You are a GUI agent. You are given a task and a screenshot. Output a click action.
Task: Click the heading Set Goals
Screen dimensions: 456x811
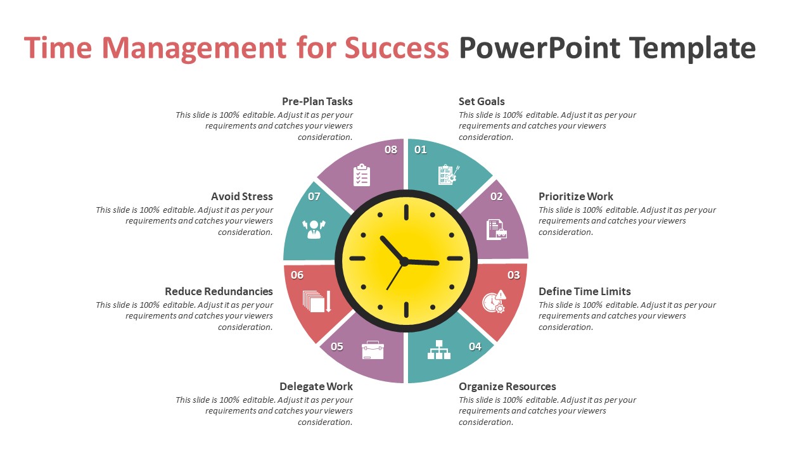coord(482,101)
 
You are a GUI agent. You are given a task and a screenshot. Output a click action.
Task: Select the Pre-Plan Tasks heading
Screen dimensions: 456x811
coord(317,101)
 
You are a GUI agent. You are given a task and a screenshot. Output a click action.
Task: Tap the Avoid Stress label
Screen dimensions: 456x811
coord(242,196)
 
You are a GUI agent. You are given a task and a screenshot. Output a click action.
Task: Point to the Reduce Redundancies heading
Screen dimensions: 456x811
coord(219,291)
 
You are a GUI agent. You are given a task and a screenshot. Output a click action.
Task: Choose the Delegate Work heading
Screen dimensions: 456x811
coord(316,386)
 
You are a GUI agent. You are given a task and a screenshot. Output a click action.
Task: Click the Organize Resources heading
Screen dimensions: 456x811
coord(507,386)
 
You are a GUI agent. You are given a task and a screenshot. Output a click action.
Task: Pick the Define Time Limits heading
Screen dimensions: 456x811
coord(584,291)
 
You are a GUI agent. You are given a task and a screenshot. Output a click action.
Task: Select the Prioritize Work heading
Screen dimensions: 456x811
coord(575,196)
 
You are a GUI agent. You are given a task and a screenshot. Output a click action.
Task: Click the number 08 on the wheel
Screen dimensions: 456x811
coord(391,149)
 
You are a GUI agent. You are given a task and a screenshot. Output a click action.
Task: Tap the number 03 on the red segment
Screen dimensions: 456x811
coord(513,275)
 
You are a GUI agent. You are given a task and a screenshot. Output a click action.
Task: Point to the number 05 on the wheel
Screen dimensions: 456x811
coord(337,346)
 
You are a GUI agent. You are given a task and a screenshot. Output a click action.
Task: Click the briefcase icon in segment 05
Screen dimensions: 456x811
coord(373,350)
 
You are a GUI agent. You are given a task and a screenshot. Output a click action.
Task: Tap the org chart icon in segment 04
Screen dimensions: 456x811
coord(439,350)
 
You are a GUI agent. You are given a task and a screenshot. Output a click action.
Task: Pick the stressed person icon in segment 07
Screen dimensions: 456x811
coord(314,229)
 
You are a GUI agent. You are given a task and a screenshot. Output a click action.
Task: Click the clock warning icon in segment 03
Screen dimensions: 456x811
coord(494,301)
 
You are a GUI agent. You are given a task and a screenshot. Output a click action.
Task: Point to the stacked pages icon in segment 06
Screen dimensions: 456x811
coord(317,301)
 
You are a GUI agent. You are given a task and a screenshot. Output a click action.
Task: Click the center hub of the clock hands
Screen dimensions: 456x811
coord(404,261)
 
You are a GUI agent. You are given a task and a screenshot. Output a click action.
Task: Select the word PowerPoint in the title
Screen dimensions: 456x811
coord(540,48)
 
